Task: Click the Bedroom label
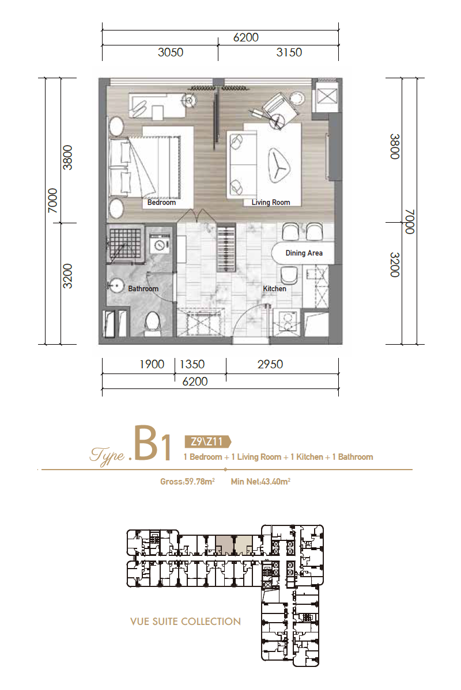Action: (161, 203)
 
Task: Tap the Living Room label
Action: (271, 203)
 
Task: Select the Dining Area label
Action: (304, 253)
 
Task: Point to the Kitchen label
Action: (274, 289)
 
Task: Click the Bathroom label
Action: (143, 289)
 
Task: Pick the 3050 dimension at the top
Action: (171, 52)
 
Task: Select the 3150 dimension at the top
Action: (289, 52)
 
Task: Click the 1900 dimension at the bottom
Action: (152, 364)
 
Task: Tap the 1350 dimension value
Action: (192, 364)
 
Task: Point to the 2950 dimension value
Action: (270, 364)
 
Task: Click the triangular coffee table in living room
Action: (279, 165)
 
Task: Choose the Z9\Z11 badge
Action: (207, 441)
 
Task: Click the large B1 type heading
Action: (153, 443)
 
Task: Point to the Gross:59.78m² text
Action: (187, 482)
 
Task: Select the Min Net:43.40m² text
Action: (260, 482)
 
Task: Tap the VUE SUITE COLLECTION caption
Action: (186, 622)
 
